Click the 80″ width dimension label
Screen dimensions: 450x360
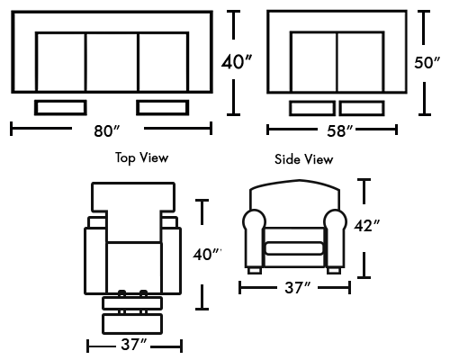pos(107,130)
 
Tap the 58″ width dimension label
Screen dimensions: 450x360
pos(340,131)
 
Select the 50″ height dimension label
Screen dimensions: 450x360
pos(427,63)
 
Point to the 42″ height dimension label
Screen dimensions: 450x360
pos(367,226)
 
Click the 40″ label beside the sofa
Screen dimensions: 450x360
pos(237,62)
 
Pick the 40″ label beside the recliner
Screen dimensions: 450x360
pos(207,255)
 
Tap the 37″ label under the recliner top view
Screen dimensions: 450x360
pos(134,345)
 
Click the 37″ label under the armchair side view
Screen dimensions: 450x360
pos(298,288)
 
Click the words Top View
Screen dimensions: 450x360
pos(142,157)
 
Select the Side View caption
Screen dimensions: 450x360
pos(304,159)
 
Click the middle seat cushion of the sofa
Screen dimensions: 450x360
pos(112,62)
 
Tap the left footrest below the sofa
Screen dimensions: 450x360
pos(60,108)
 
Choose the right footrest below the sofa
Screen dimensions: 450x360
pos(163,108)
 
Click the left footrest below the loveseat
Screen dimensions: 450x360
pos(312,108)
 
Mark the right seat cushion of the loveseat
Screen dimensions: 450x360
pos(360,62)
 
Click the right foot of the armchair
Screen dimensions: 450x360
pos(334,271)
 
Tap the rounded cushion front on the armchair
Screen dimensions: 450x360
pos(294,248)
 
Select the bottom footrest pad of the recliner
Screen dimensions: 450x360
pos(132,324)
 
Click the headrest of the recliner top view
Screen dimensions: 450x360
pos(133,196)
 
